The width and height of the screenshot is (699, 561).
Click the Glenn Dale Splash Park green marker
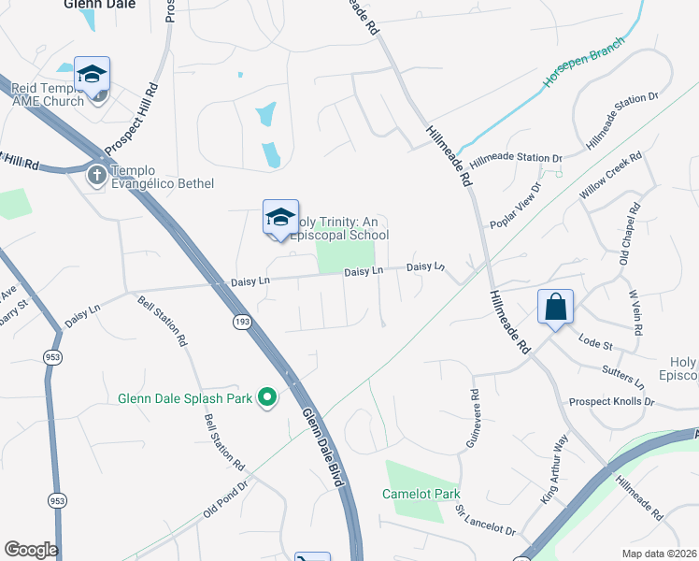click(268, 398)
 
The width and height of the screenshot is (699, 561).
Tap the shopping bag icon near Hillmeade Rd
click(555, 307)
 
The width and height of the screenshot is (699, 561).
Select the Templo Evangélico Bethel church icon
click(97, 175)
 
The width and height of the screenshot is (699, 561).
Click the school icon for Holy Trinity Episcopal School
click(280, 218)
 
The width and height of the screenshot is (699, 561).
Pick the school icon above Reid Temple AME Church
click(93, 75)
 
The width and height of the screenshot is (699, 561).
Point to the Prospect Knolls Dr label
click(611, 401)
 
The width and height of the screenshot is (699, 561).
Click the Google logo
click(31, 550)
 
